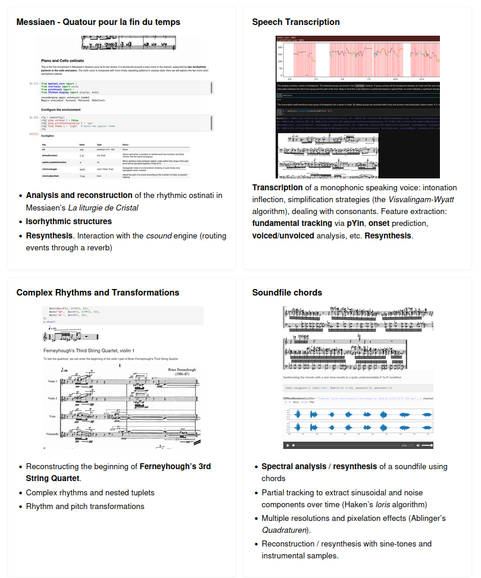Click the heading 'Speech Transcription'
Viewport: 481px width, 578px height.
296,22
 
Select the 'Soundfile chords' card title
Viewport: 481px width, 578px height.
287,293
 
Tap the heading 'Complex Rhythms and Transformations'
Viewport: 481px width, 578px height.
98,293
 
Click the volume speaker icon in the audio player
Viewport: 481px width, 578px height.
418,445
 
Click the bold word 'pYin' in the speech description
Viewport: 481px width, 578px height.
355,224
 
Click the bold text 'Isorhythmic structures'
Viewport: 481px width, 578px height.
68,221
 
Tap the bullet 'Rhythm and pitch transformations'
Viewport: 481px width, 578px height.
85,507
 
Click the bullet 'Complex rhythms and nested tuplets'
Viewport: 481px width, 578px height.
90,492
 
